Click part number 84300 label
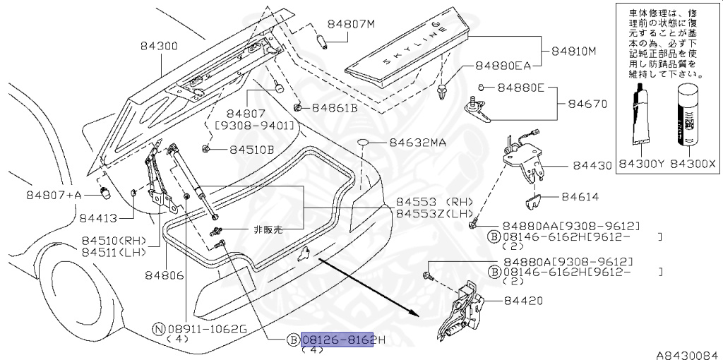point(159,47)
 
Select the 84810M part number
point(573,52)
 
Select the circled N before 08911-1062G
point(159,328)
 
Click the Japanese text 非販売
point(268,230)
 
